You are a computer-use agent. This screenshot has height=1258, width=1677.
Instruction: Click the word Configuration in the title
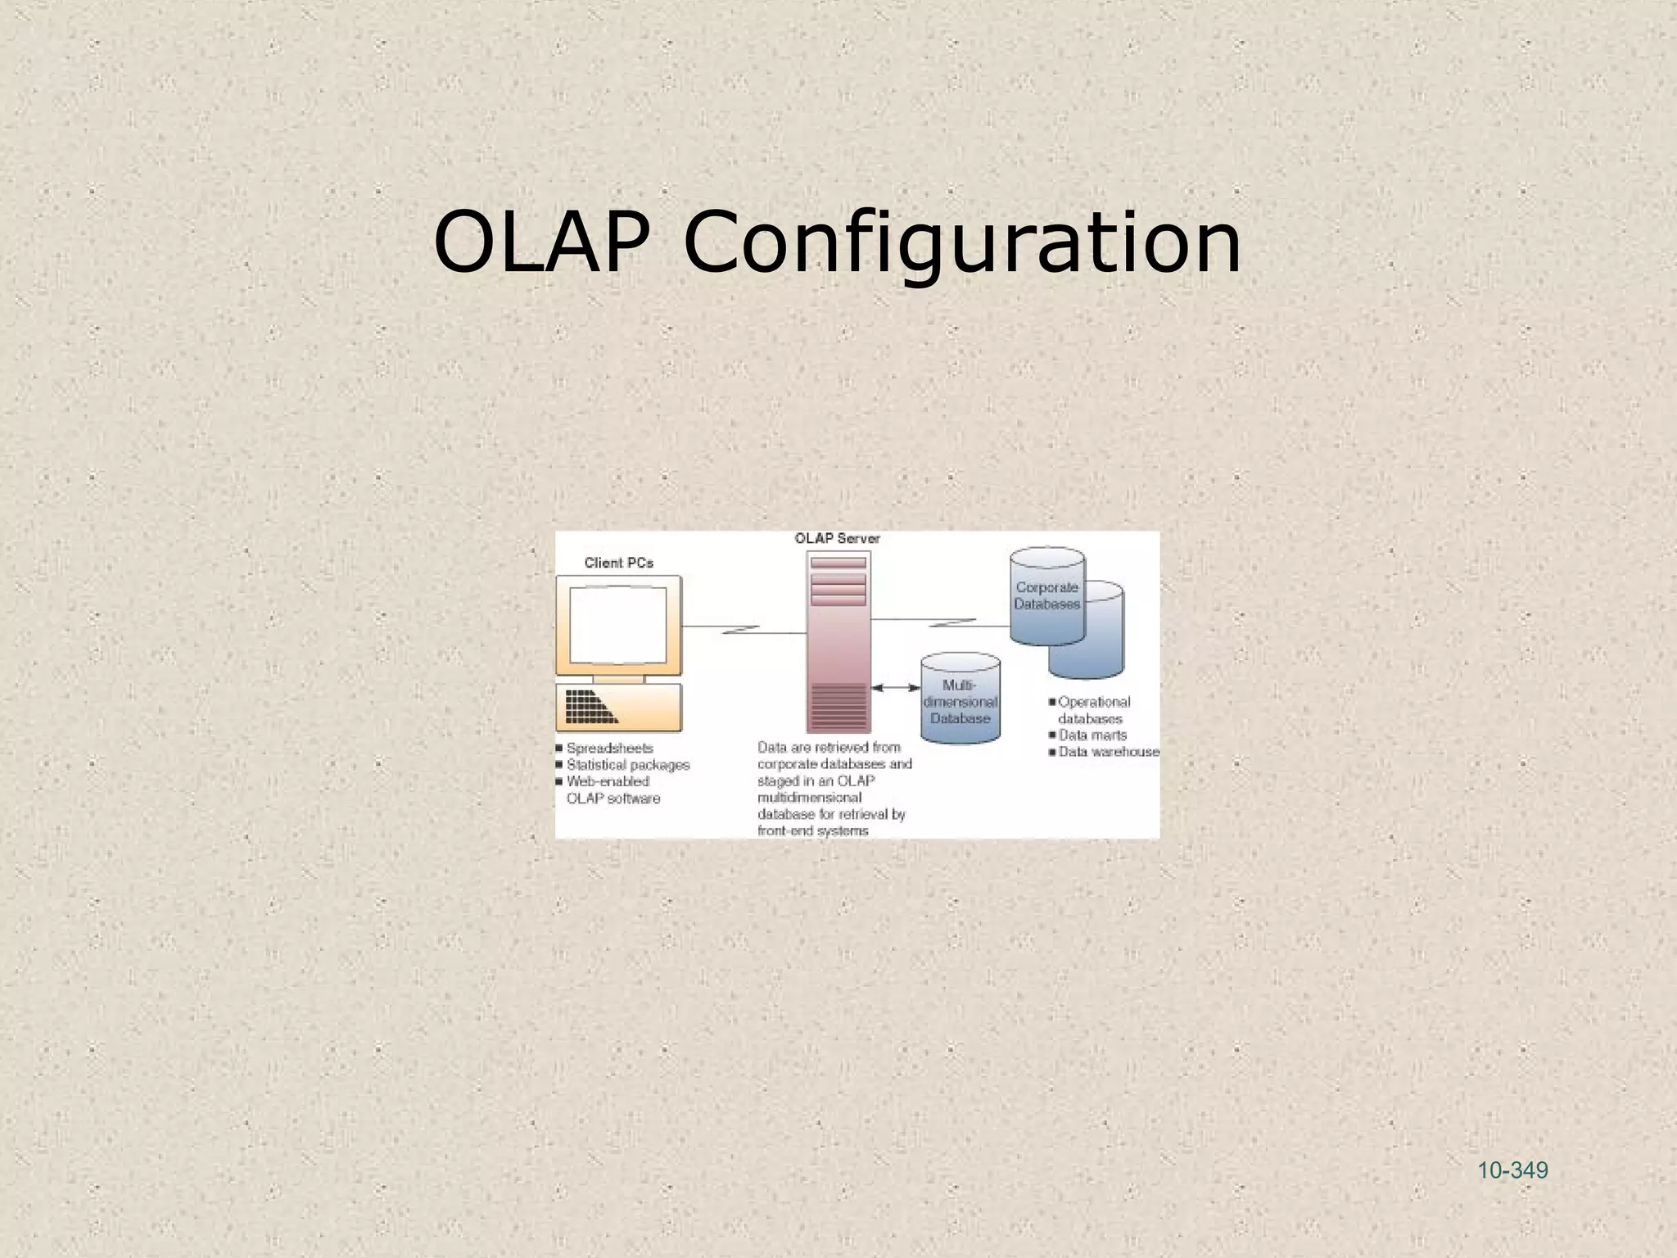(961, 243)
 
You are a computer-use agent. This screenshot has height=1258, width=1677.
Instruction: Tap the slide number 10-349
(1512, 1170)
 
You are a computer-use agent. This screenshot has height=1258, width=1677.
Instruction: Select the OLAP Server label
(837, 538)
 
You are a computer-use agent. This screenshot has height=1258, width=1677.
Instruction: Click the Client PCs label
(618, 563)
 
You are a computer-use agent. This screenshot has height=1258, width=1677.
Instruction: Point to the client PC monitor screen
(618, 626)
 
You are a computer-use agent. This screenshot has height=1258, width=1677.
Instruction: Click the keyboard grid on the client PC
(590, 707)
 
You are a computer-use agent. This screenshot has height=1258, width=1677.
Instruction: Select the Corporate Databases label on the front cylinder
(1046, 595)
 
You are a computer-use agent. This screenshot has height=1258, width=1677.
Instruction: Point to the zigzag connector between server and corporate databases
(952, 622)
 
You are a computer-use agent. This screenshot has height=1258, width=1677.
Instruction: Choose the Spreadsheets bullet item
(609, 748)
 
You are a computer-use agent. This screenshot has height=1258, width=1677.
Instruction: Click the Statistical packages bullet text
(628, 765)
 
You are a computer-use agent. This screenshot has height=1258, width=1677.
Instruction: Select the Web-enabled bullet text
(608, 781)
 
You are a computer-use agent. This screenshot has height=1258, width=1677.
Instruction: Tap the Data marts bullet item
(1092, 735)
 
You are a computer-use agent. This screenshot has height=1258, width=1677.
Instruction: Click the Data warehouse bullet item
(1109, 752)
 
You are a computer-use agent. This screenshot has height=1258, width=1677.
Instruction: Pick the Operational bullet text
(1094, 702)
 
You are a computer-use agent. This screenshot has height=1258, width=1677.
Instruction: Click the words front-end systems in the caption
(812, 830)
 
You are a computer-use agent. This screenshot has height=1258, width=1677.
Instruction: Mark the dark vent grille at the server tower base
(838, 705)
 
